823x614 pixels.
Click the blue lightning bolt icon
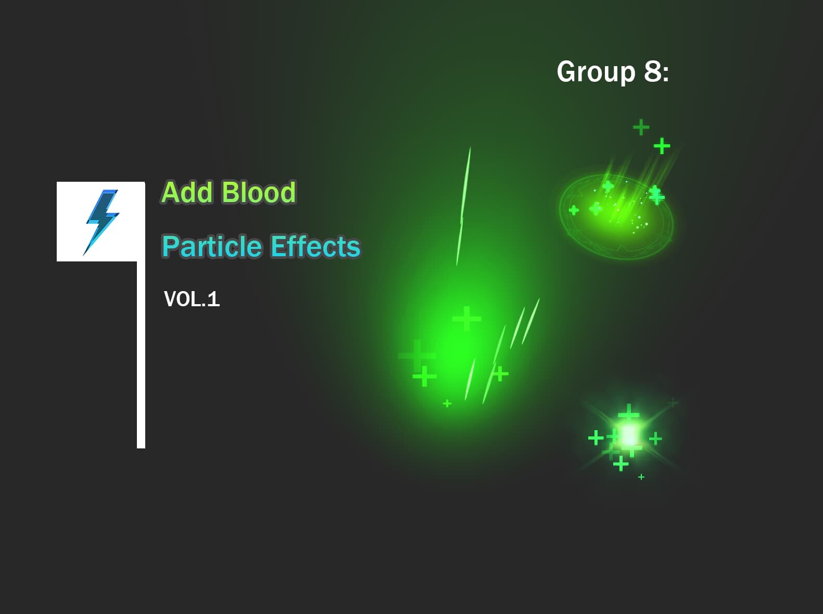(x=102, y=222)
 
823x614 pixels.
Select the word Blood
(x=258, y=192)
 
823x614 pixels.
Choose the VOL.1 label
(x=192, y=299)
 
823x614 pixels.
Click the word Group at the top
(x=596, y=72)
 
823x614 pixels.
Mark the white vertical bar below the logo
(x=141, y=354)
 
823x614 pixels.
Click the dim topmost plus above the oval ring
(x=641, y=127)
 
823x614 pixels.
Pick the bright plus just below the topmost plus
(x=662, y=146)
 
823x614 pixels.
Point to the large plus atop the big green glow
(x=466, y=318)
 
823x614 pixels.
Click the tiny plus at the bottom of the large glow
(x=447, y=403)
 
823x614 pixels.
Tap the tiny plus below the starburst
(x=641, y=477)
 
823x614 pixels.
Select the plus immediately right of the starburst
(x=655, y=438)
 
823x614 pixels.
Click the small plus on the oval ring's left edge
(x=574, y=210)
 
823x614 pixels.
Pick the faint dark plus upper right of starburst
(x=673, y=402)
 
